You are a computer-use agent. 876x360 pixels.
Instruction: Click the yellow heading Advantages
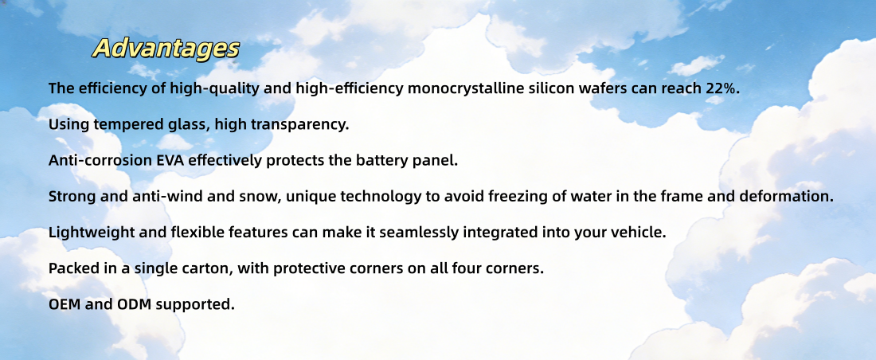(166, 48)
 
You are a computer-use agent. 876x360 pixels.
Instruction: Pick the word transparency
(307, 125)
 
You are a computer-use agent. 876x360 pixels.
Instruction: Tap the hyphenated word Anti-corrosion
(100, 160)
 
